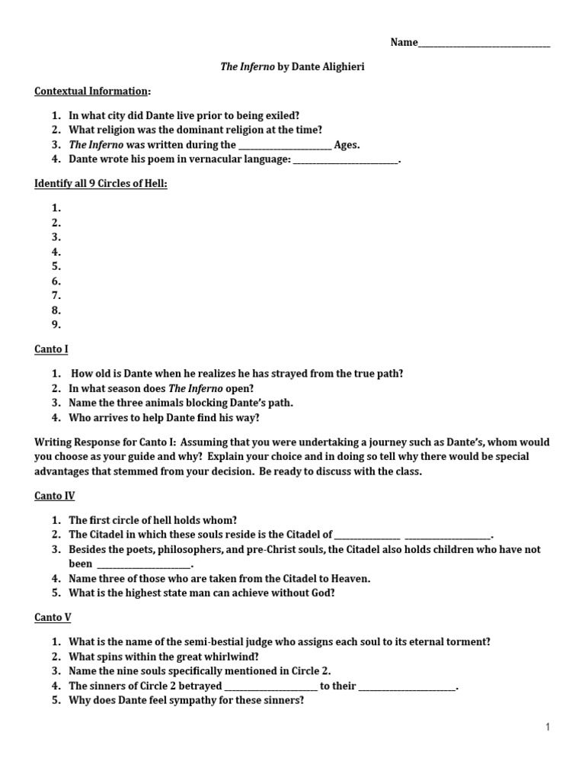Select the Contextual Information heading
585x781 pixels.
91,92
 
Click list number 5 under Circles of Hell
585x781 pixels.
56,266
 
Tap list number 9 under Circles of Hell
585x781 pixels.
56,325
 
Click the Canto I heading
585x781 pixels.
51,349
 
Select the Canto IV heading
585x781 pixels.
54,496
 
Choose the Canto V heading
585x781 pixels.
53,617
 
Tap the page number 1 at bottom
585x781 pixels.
547,728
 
